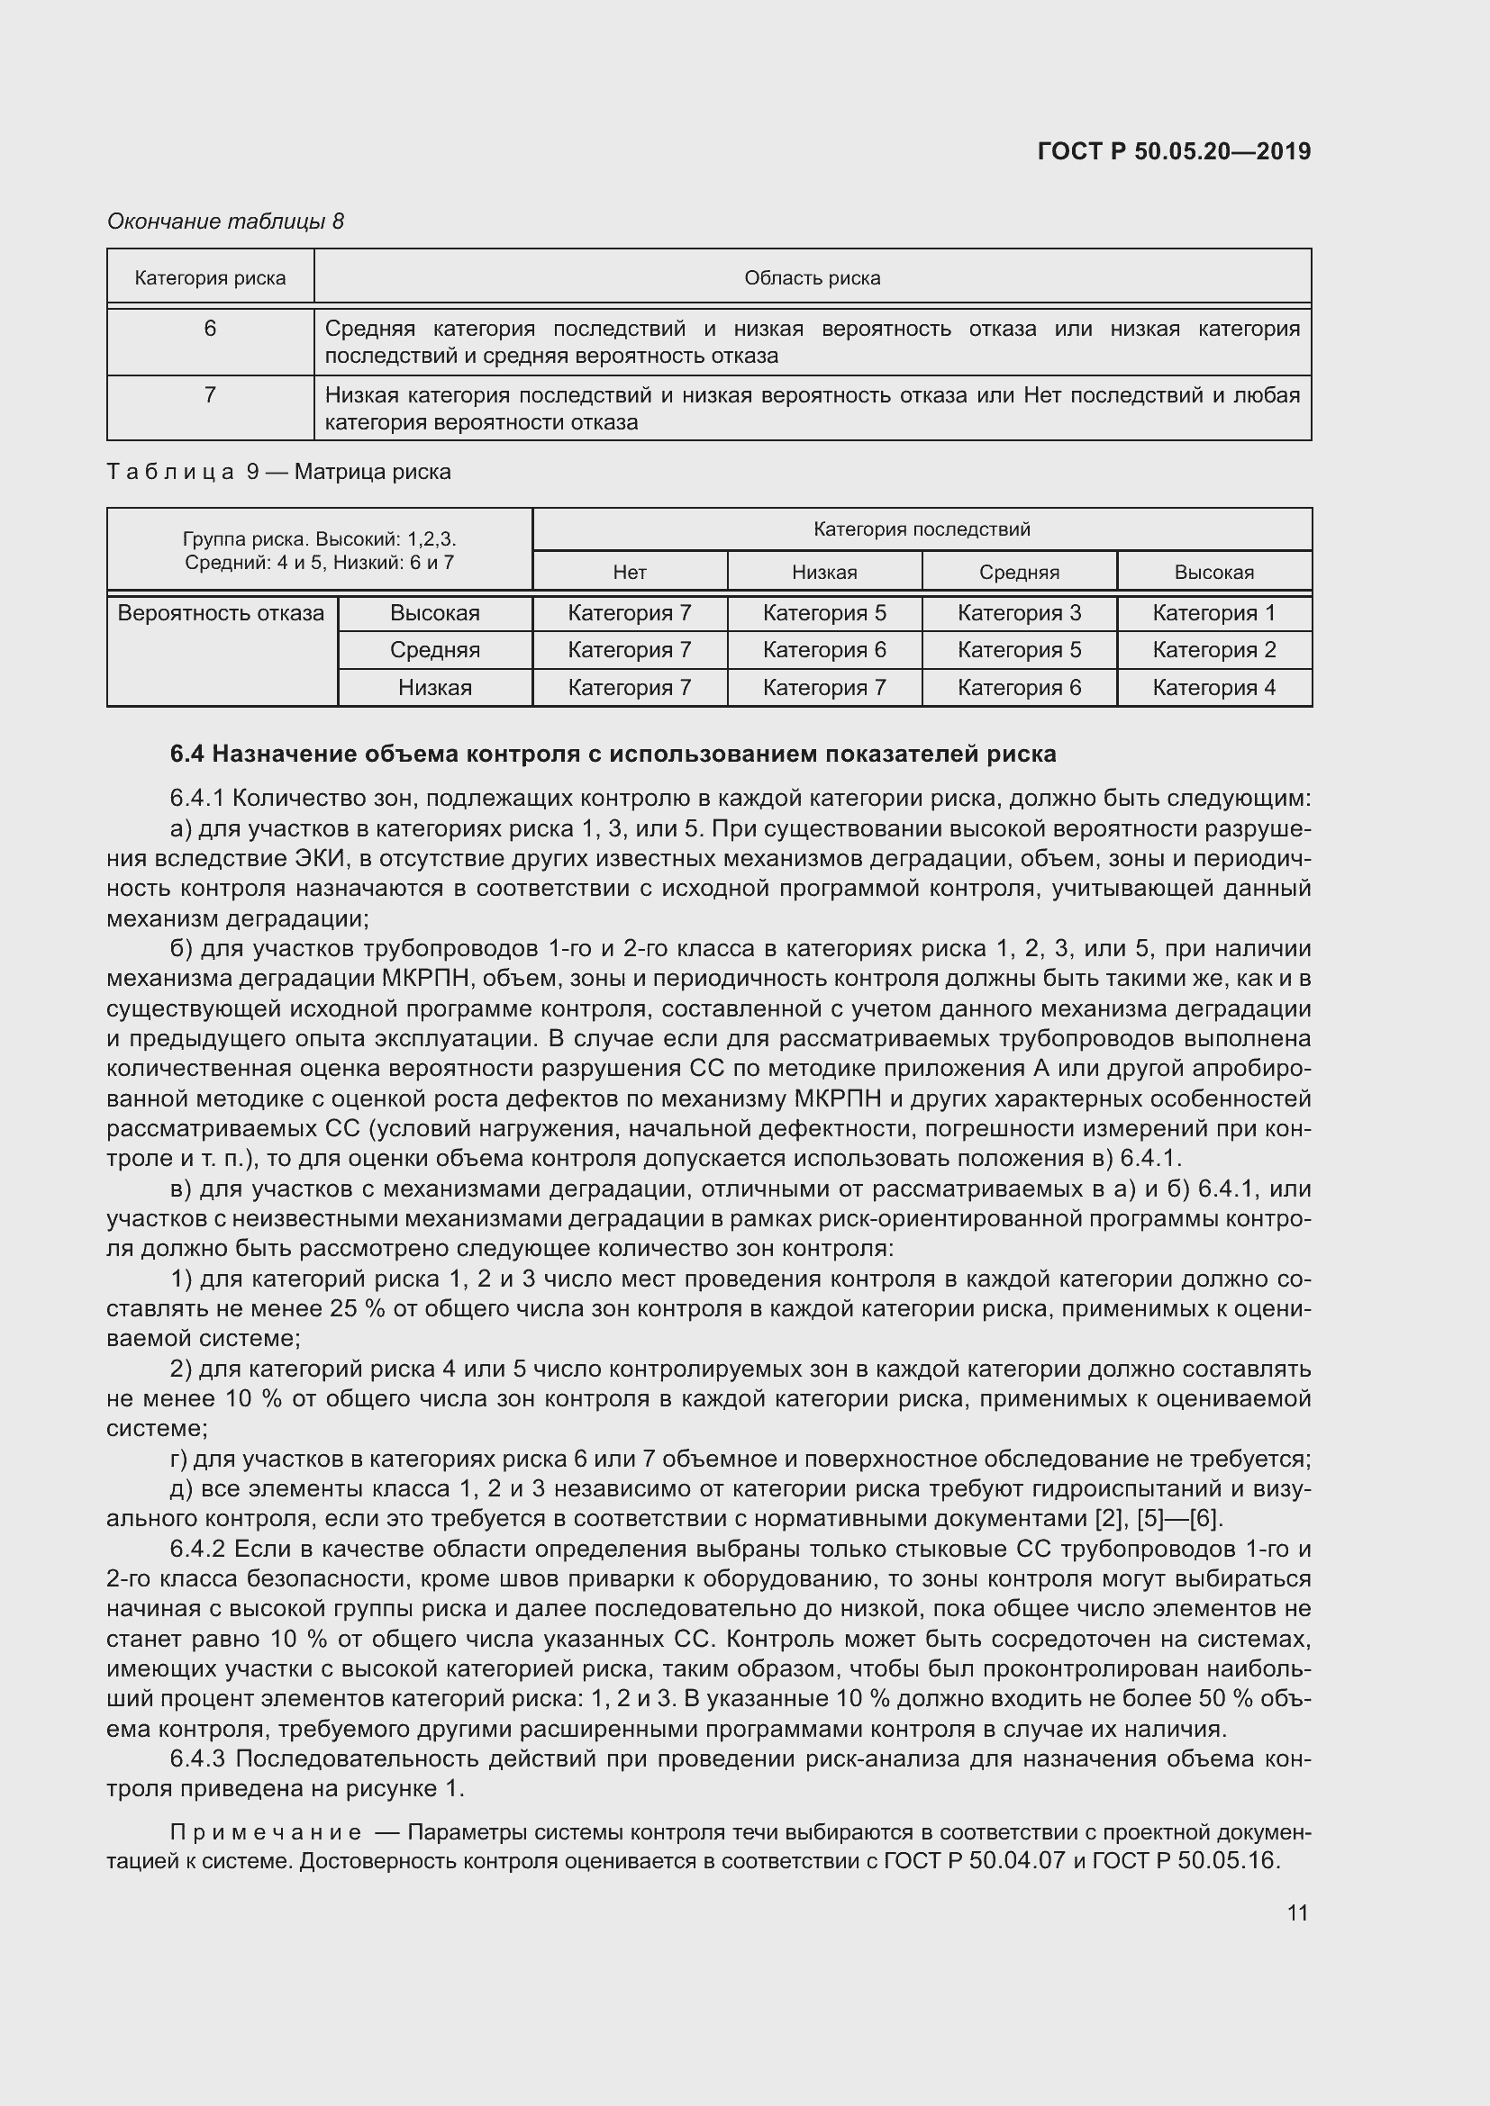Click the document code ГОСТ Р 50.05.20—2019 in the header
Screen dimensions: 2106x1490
(1174, 151)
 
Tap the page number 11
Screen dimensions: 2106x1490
(1296, 1912)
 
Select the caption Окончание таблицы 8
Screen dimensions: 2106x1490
(226, 221)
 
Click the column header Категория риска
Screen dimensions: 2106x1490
(210, 278)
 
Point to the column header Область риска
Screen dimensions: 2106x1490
(812, 278)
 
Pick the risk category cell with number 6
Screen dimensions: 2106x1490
(210, 329)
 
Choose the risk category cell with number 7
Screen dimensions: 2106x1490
(210, 395)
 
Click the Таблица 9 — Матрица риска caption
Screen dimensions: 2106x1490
(279, 473)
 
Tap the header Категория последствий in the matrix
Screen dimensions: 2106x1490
(922, 529)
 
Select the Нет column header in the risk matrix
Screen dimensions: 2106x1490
(630, 573)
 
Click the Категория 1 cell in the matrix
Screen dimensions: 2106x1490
(1213, 613)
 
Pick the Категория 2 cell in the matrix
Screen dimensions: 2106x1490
(1213, 650)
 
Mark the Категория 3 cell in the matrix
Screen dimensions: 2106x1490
(1019, 613)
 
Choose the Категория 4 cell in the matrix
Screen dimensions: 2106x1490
(1213, 688)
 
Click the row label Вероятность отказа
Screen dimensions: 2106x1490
(220, 614)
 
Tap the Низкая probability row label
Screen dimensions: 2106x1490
(435, 688)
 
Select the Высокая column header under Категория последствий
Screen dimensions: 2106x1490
(1213, 573)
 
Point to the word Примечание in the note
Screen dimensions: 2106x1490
(266, 1832)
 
